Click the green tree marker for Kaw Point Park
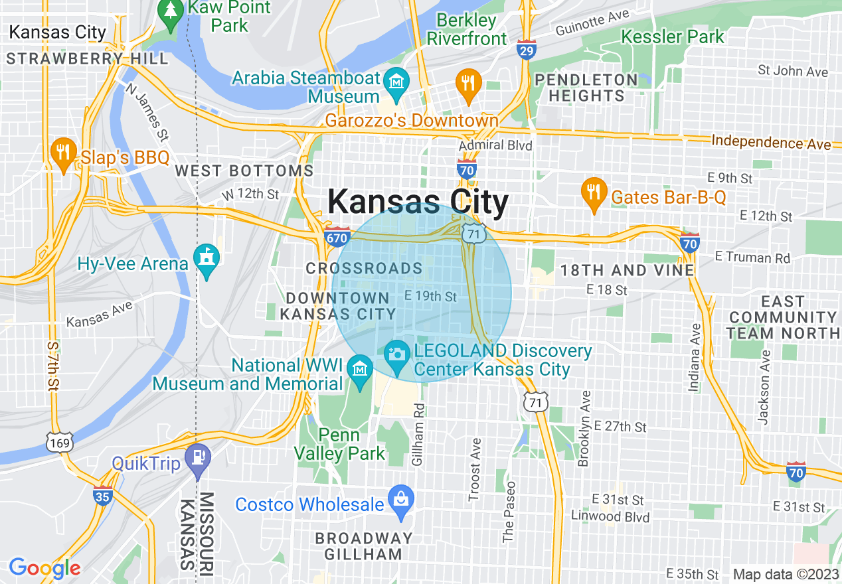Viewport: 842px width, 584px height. coord(171,12)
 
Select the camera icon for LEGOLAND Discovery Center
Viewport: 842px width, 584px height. coord(397,353)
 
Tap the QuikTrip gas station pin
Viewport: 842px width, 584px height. coord(197,458)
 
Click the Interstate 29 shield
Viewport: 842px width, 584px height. coord(526,50)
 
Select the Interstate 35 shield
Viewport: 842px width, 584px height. coord(102,495)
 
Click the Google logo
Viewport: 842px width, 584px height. coord(44,568)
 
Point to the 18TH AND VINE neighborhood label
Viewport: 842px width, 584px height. coord(627,270)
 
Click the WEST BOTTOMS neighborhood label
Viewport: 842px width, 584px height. coord(244,171)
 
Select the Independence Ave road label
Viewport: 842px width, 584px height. coord(770,142)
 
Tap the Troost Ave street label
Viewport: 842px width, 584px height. coord(474,469)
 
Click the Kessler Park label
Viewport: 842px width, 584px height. coord(672,36)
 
